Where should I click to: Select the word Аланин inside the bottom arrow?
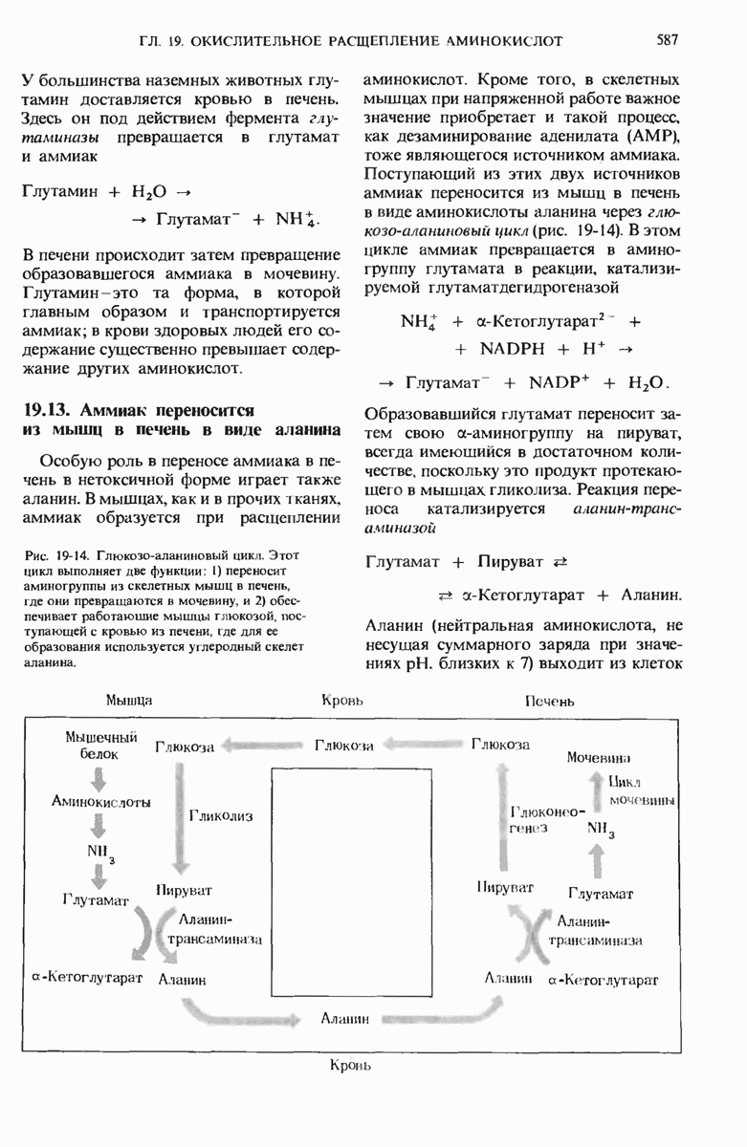point(345,1019)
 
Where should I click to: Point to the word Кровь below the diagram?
point(350,1064)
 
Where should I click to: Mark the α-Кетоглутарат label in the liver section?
point(603,980)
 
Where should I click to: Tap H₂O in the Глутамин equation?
point(154,191)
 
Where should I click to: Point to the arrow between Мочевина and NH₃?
point(601,787)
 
